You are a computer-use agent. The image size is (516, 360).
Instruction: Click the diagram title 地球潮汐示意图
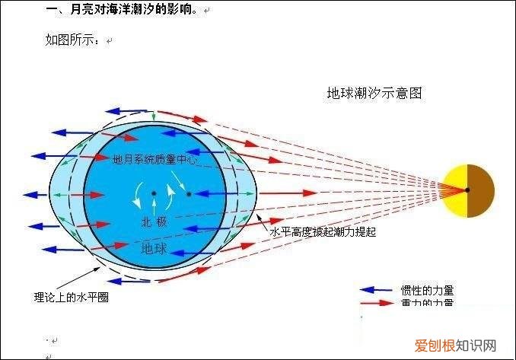point(374,94)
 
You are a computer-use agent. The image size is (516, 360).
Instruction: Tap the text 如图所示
point(72,40)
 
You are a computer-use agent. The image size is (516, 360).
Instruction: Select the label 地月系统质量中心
point(155,161)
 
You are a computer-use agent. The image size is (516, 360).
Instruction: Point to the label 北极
point(152,222)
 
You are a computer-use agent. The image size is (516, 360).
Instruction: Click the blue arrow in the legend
point(375,290)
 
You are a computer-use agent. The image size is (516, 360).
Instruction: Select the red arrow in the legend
point(375,303)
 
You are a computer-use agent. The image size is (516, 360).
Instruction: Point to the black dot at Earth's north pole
point(154,193)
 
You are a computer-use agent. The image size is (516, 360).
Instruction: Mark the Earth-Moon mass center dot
point(188,194)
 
